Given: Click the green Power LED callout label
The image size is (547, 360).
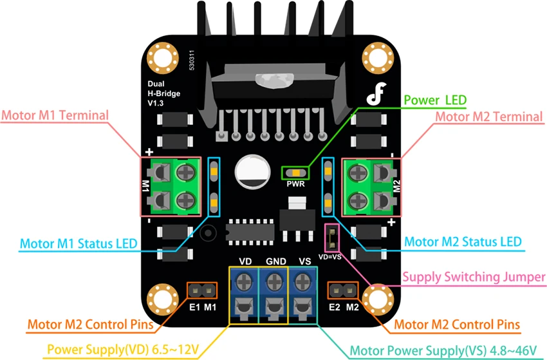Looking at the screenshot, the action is click(435, 100).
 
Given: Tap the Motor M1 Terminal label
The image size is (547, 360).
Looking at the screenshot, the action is click(55, 115).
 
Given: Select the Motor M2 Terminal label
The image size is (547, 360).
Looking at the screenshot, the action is click(489, 117).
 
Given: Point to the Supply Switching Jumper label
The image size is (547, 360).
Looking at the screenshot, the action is click(474, 277).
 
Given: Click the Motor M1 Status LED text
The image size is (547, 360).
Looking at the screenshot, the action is click(79, 243).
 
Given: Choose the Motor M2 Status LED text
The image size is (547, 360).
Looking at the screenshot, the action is click(463, 242).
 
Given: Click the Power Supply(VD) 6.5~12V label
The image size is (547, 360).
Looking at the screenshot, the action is click(123, 349).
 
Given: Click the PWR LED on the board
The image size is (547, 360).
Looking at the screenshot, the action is click(295, 173).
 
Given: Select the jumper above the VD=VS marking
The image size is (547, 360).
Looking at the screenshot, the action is click(332, 238).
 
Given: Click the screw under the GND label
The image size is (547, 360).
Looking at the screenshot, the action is click(275, 281).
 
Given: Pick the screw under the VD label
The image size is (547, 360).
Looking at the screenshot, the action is click(244, 281).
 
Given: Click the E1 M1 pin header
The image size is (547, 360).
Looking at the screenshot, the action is click(201, 290).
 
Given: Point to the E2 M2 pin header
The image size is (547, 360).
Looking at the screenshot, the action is click(342, 290).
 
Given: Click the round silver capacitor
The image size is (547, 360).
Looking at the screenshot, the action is click(252, 172).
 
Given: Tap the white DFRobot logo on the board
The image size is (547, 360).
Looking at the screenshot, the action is click(376, 93).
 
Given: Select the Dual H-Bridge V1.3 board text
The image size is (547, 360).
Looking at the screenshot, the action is click(163, 93).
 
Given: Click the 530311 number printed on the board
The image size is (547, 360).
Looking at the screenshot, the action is click(192, 60).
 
